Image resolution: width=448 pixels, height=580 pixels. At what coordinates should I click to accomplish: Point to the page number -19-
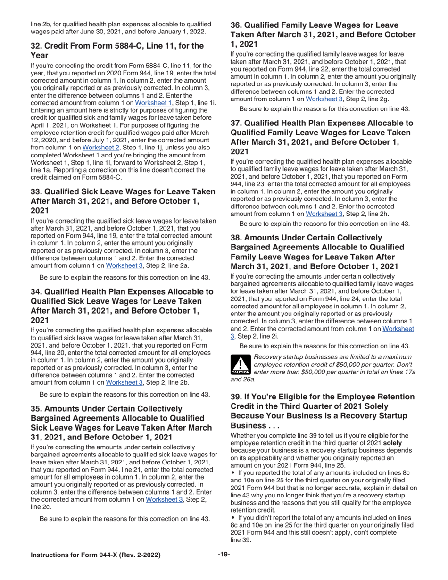pyautogui.click(x=224, y=566)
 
